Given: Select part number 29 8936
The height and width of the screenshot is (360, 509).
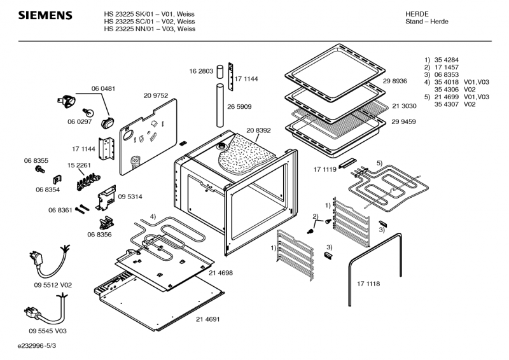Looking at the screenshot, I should click(395, 81).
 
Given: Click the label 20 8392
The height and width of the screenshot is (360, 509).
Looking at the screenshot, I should click(259, 130).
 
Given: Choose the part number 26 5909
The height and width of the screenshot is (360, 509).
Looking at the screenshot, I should click(240, 106).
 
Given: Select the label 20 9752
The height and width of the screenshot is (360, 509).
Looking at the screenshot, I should click(155, 95).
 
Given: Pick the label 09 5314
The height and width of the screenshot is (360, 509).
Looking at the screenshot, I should click(130, 197).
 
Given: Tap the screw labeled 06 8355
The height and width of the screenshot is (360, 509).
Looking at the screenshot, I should click(41, 169).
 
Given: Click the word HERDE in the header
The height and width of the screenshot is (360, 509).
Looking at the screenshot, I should click(417, 13).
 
